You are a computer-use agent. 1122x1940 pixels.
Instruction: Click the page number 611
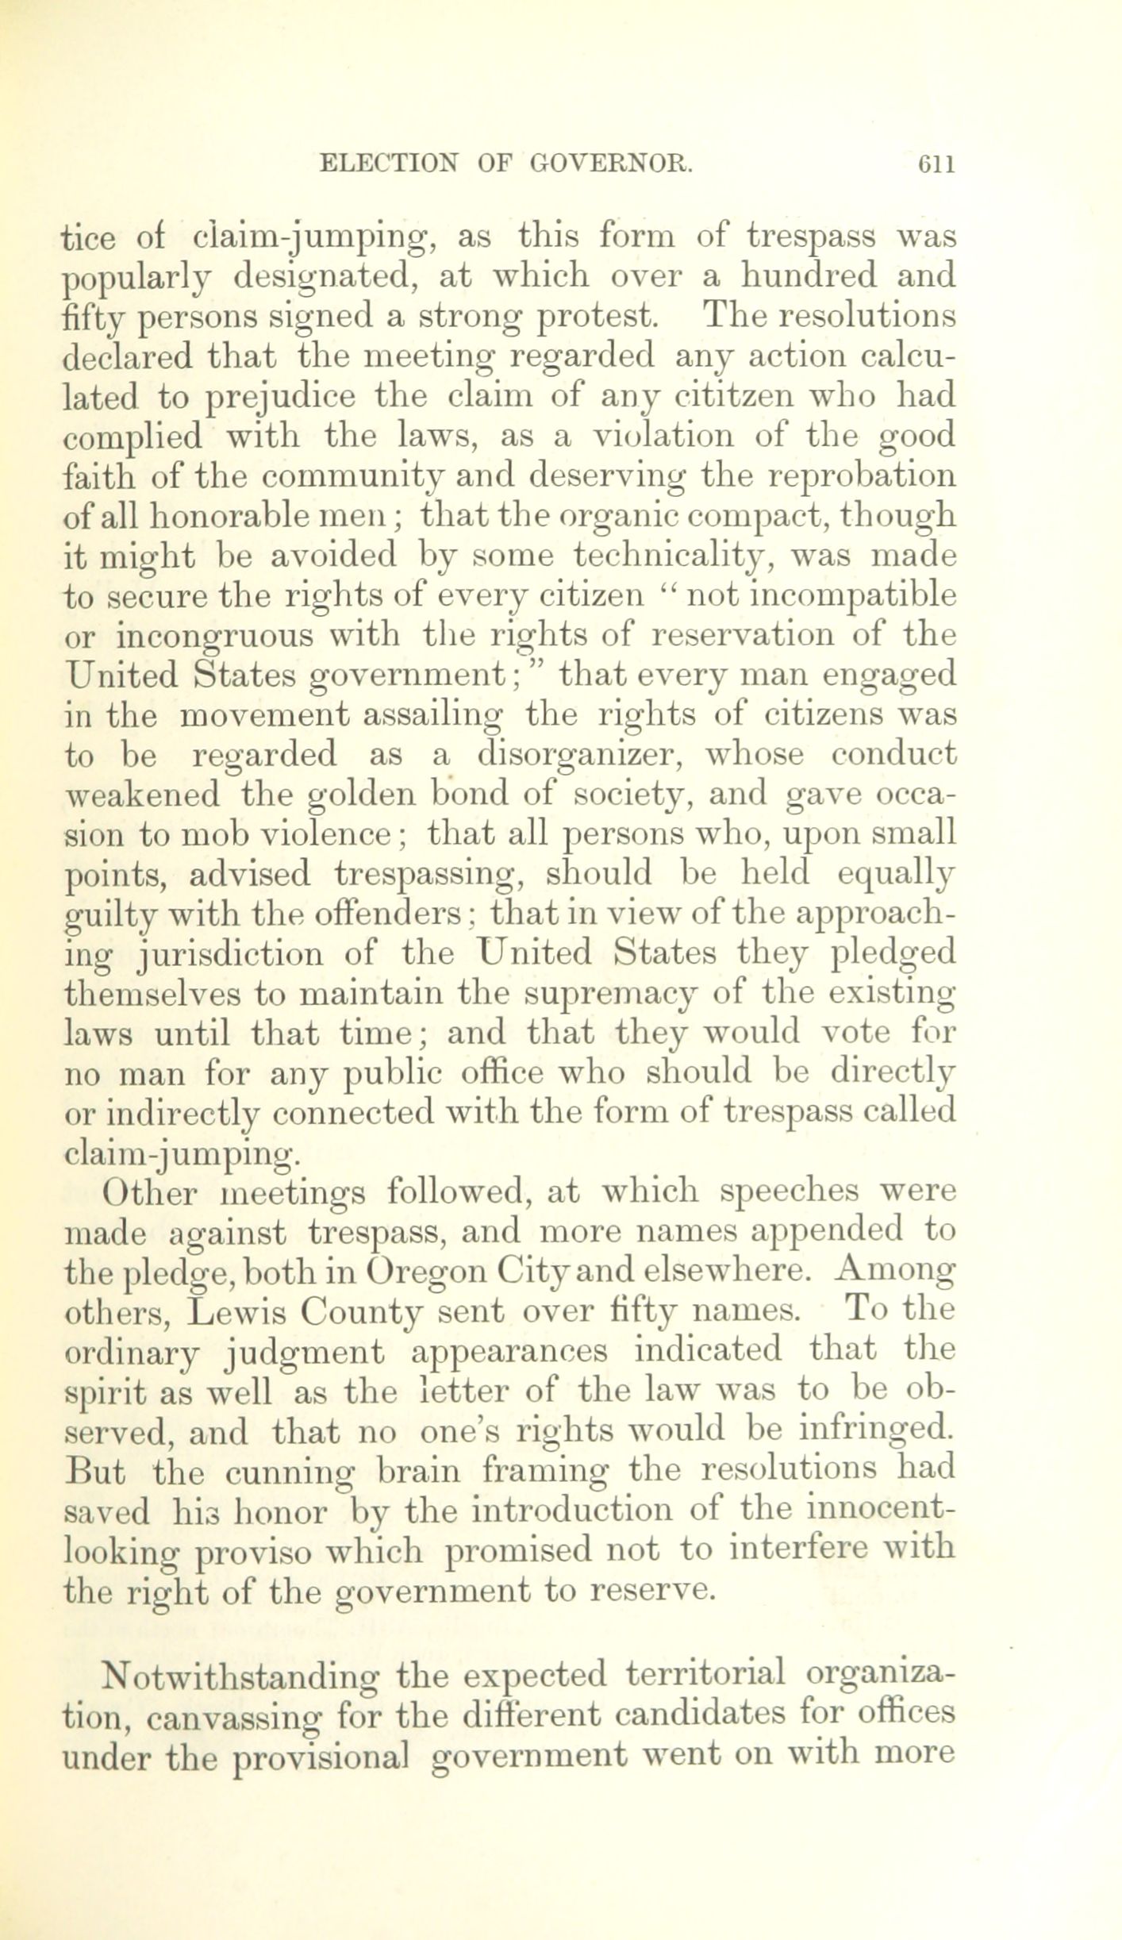coord(934,164)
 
